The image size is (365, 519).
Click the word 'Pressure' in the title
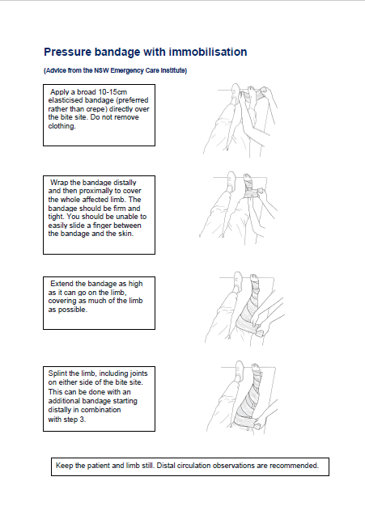(69, 52)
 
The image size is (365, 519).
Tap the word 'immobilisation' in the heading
(206, 52)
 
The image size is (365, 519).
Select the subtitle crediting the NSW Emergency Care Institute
(115, 71)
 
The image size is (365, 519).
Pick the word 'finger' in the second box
(108, 226)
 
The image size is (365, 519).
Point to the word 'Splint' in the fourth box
(59, 373)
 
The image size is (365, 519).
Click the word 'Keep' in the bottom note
(64, 466)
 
